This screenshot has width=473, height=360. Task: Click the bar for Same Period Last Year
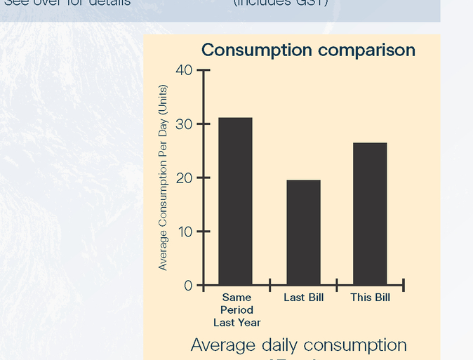[235, 201]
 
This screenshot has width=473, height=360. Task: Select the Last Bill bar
[303, 232]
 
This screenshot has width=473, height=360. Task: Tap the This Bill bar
[370, 214]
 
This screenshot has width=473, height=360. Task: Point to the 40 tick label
[184, 70]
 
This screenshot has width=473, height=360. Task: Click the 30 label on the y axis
[184, 124]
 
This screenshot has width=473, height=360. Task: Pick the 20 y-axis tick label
[184, 178]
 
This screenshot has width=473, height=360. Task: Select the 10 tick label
[184, 232]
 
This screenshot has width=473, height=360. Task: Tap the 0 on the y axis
[187, 286]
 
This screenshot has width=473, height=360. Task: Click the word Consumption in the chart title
[256, 51]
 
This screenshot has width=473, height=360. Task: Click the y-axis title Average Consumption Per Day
[163, 178]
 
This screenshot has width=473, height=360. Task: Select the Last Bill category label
[303, 298]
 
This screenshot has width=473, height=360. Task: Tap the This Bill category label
[370, 298]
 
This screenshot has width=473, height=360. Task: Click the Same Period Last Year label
[236, 309]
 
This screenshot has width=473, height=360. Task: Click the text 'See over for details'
[67, 3]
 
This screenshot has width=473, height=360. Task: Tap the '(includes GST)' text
[280, 3]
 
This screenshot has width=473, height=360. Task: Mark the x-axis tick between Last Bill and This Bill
[337, 285]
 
